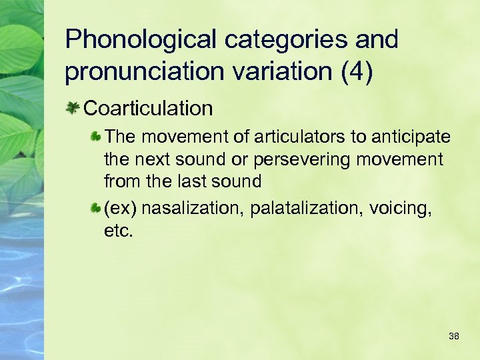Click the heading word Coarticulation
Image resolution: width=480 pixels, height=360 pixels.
coord(148,108)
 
